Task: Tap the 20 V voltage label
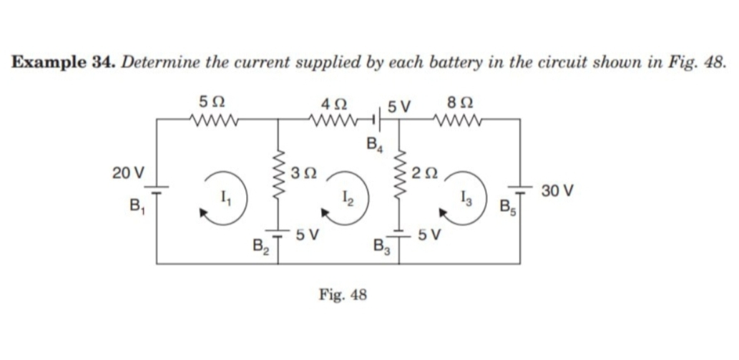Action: [x=128, y=172]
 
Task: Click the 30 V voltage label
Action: [x=557, y=191]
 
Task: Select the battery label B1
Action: [x=135, y=207]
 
